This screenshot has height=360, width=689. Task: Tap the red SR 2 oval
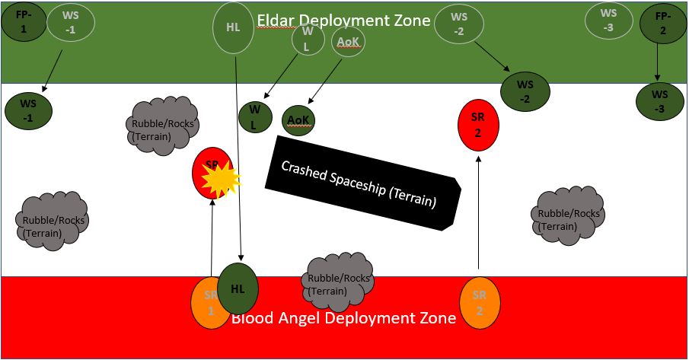point(478,125)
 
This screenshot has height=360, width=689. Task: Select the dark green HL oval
point(238,289)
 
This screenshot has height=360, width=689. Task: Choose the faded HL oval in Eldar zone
point(234,27)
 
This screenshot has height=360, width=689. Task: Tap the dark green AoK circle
point(298,119)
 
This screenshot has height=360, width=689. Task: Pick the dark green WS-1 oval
point(28,111)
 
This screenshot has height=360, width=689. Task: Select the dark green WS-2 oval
point(525,91)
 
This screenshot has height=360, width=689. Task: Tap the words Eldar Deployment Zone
point(343,21)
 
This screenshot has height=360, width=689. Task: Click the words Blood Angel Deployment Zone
point(343,317)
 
